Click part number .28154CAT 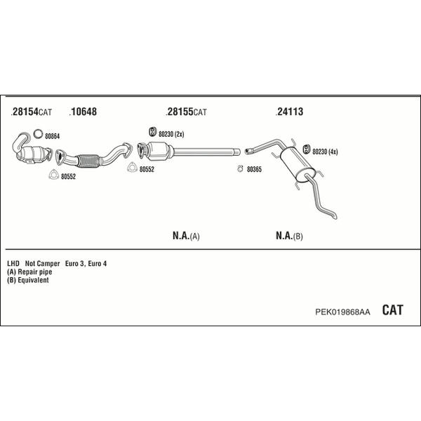[32, 112]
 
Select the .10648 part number [83, 112]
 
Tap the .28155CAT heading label [187, 112]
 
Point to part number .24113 [289, 112]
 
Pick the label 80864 [53, 136]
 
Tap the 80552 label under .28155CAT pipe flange [147, 169]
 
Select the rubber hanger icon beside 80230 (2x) [152, 132]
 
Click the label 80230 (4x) [325, 152]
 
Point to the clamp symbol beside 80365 [240, 168]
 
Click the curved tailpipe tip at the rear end [335, 216]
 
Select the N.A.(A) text [186, 236]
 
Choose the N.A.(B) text [289, 236]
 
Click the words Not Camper [42, 264]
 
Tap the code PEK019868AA [342, 312]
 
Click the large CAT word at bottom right [392, 310]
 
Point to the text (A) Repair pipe [29, 272]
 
